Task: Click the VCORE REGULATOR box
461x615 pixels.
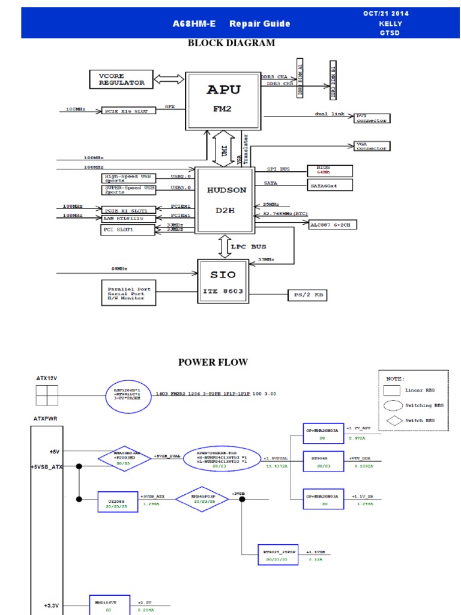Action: [122, 79]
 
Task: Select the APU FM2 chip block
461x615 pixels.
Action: [223, 100]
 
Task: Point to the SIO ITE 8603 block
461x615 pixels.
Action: [223, 282]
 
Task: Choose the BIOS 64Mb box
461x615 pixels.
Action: [330, 171]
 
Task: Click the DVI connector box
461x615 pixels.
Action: [372, 118]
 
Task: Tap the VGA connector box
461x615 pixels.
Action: [372, 147]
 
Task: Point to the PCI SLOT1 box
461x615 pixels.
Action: [128, 230]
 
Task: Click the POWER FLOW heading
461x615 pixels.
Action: [212, 362]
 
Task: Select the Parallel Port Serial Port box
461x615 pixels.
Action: [129, 292]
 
